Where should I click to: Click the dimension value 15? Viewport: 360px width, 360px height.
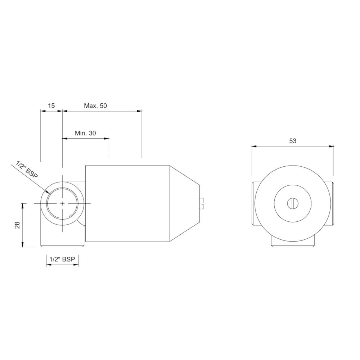click(51, 105)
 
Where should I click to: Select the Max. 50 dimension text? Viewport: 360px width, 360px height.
click(95, 105)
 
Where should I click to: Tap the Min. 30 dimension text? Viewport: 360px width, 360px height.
click(85, 133)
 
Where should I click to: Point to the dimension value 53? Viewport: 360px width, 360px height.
click(293, 141)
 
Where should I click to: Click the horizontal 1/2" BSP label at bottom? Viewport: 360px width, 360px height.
click(62, 259)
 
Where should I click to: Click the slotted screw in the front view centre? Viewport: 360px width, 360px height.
click(293, 203)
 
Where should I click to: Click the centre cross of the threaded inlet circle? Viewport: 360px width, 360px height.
click(62, 203)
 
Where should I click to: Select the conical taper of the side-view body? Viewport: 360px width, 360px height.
click(184, 203)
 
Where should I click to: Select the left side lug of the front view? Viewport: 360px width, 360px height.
click(253, 203)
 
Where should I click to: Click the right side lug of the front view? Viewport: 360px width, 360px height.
click(332, 203)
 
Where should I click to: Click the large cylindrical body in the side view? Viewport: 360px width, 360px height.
click(128, 203)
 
